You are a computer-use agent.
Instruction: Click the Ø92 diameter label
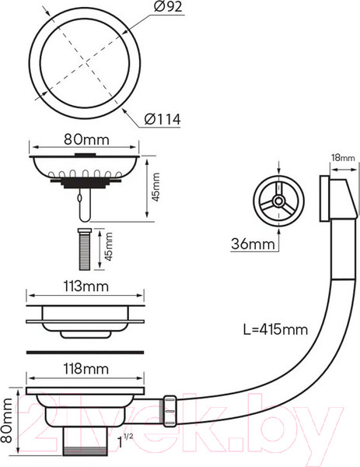pyautogui.click(x=168, y=7)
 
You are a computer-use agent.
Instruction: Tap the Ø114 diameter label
pyautogui.click(x=163, y=119)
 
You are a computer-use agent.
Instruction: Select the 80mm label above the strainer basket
pyautogui.click(x=86, y=139)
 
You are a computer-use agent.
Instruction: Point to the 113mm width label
pyautogui.click(x=86, y=286)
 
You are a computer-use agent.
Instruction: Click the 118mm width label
pyautogui.click(x=86, y=369)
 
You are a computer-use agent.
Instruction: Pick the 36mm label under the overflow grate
pyautogui.click(x=253, y=244)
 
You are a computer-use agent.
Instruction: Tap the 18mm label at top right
pyautogui.click(x=344, y=157)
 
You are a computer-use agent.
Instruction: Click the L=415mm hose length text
pyautogui.click(x=275, y=329)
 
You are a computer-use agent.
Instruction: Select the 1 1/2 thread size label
pyautogui.click(x=125, y=441)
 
